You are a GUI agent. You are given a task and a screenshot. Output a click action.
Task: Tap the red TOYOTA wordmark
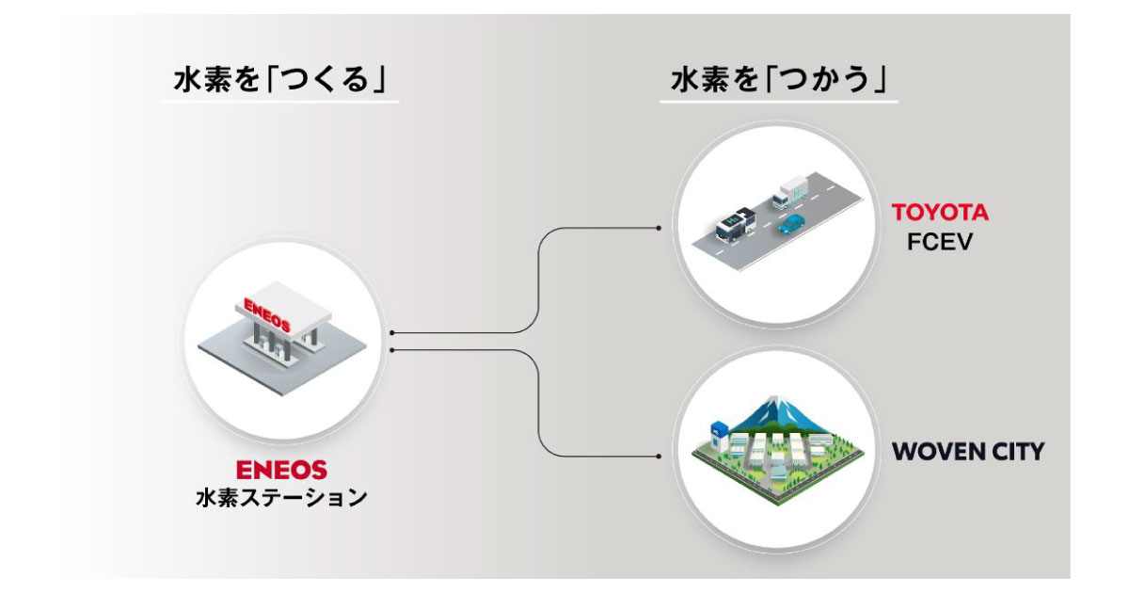point(941,213)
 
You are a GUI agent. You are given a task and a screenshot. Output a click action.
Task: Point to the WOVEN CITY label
point(967,451)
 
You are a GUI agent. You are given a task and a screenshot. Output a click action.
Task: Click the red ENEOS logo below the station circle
point(282,468)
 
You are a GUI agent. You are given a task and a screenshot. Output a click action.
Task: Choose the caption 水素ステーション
point(282,497)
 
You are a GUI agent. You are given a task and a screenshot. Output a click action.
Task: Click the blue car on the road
point(792,225)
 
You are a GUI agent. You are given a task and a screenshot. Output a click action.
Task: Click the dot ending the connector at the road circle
point(659,228)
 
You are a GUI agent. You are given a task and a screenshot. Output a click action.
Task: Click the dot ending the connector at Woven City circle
point(659,455)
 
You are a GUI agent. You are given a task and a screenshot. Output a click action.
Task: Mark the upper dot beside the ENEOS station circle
point(391,332)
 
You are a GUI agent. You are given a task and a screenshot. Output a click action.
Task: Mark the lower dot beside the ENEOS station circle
point(391,350)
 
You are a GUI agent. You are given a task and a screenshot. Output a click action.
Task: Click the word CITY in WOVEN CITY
point(1015,451)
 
